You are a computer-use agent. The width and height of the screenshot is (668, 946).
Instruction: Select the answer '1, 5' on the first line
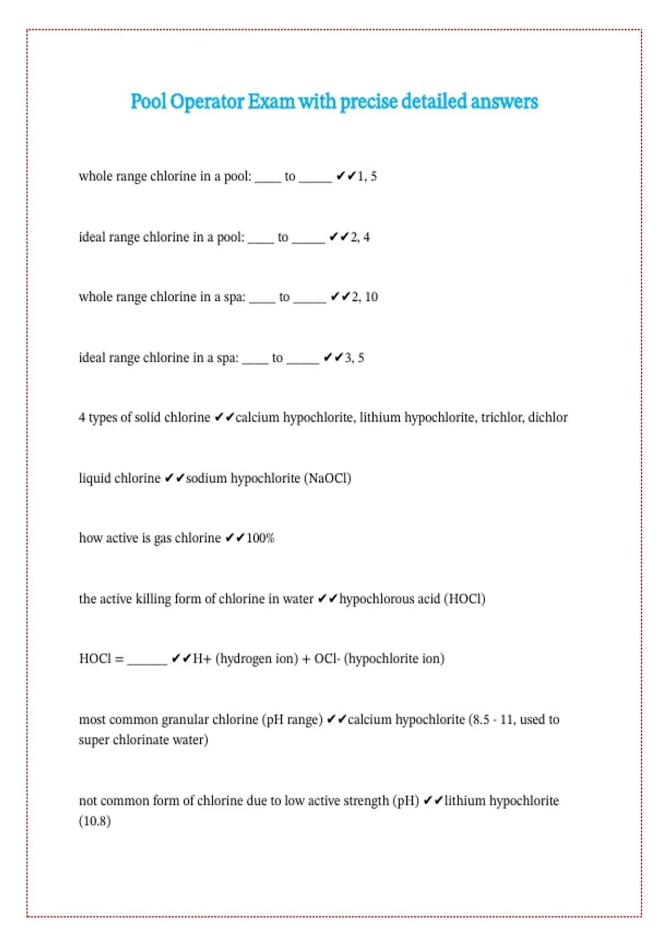(367, 176)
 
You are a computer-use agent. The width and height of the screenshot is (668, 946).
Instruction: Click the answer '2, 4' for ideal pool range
(360, 237)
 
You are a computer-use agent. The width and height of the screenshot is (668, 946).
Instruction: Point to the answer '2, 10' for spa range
(365, 297)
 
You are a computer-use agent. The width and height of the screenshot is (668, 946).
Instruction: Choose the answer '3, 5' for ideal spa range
(354, 358)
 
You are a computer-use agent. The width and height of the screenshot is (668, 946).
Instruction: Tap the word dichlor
(548, 417)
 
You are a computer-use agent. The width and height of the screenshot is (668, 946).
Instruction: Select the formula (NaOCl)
(327, 479)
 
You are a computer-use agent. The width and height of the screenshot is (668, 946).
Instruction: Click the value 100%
(261, 538)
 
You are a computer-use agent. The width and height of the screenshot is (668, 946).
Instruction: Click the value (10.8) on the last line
(95, 821)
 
